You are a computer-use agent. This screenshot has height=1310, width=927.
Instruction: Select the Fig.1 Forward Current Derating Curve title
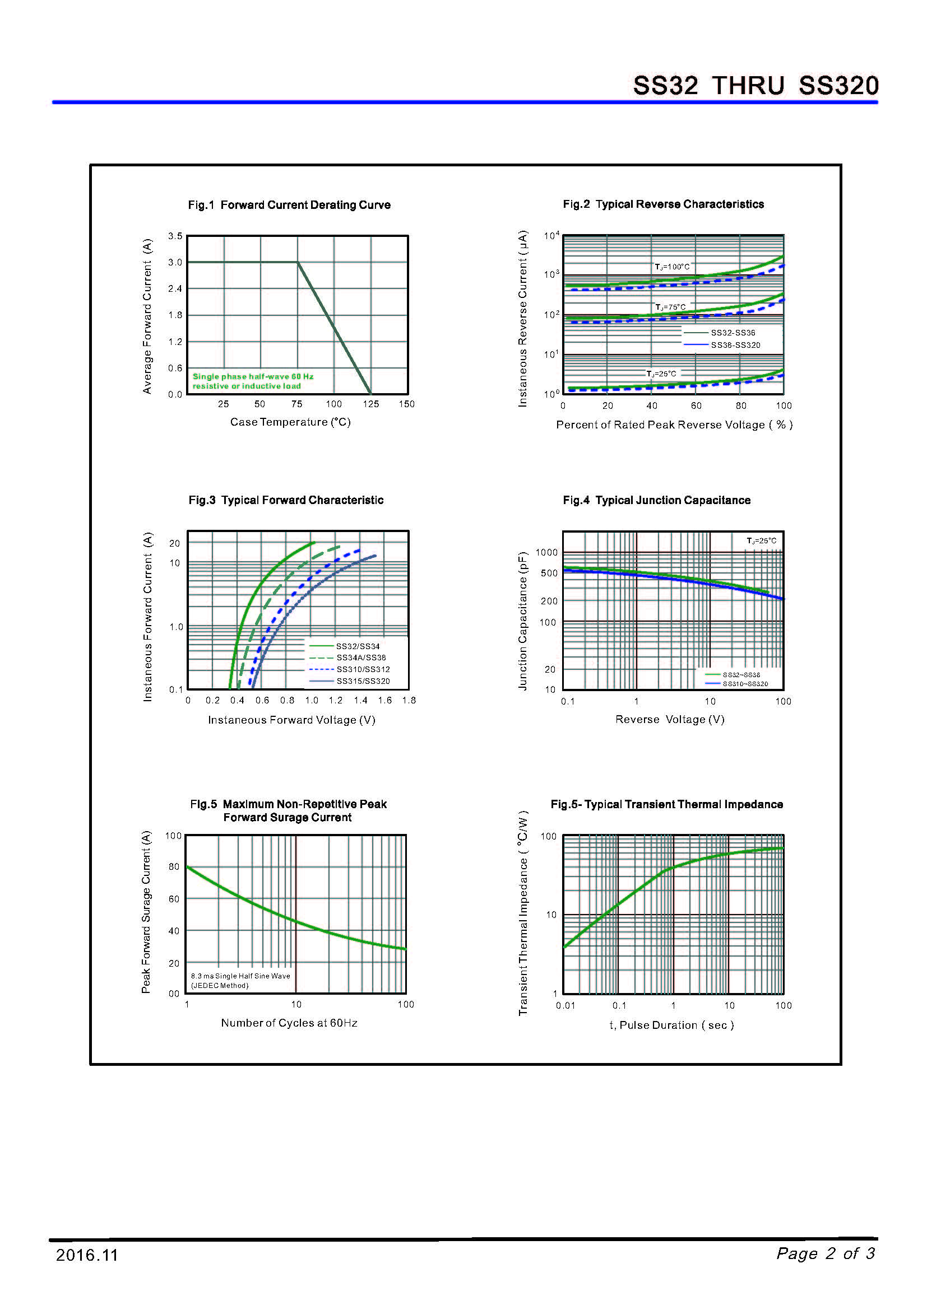289,205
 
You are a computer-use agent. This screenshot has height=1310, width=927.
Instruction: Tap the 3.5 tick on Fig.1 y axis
175,236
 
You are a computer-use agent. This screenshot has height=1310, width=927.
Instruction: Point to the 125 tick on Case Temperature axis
370,404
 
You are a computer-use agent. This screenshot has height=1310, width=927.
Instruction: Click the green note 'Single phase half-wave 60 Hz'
253,376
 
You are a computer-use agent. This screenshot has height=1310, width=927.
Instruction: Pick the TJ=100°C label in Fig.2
672,267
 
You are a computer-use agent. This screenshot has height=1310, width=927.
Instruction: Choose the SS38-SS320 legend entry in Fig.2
735,345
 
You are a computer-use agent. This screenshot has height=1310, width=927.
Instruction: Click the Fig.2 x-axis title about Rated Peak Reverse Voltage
674,425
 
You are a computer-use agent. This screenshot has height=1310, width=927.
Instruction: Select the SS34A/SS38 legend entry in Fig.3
361,658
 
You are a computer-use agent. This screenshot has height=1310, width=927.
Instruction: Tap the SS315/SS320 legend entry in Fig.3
363,681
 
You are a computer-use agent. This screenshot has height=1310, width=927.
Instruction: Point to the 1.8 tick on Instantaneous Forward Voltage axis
409,701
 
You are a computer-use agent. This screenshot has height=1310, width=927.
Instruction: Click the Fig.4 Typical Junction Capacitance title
656,500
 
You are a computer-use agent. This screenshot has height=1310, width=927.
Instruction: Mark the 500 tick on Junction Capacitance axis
549,574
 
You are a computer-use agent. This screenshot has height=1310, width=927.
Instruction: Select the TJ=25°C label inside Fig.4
762,541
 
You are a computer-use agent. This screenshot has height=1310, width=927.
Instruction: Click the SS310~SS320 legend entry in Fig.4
745,684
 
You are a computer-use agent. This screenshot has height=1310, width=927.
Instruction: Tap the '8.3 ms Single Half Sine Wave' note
240,976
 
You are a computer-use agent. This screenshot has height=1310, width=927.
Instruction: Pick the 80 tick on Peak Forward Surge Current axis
174,866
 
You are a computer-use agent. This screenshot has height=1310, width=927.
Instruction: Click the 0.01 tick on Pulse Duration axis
565,1006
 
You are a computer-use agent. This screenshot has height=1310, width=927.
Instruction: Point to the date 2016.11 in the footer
87,1255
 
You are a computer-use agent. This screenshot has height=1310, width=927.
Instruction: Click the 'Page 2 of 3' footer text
826,1253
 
